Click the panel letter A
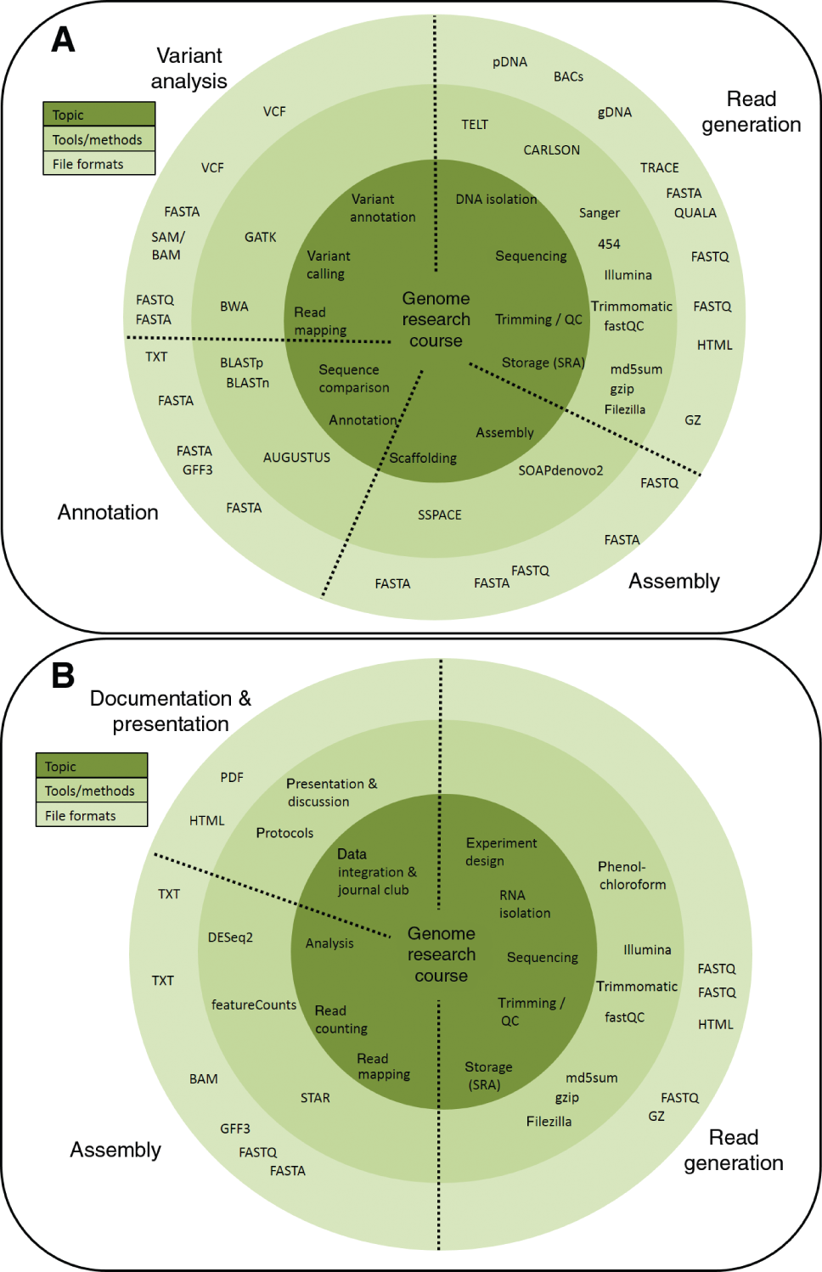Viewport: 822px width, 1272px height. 63,39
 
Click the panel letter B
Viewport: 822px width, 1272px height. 63,675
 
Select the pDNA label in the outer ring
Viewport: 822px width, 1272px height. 510,62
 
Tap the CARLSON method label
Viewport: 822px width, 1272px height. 551,149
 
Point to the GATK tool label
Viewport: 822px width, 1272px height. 260,237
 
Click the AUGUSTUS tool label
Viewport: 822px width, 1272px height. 296,457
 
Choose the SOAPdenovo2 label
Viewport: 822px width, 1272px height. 560,470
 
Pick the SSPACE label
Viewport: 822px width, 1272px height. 439,515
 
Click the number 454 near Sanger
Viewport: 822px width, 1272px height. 609,244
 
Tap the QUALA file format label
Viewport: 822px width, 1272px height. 695,213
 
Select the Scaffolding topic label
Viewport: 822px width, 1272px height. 423,458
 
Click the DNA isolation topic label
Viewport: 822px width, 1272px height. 496,199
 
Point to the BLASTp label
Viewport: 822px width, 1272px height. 241,363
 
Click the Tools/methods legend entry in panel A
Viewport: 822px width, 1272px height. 98,139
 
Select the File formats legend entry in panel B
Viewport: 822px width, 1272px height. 81,815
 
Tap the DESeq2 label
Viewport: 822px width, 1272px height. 230,937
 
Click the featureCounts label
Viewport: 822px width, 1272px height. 254,1005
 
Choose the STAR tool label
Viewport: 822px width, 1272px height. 315,1098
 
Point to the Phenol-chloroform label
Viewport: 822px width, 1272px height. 632,875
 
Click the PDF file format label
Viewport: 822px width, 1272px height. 232,777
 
